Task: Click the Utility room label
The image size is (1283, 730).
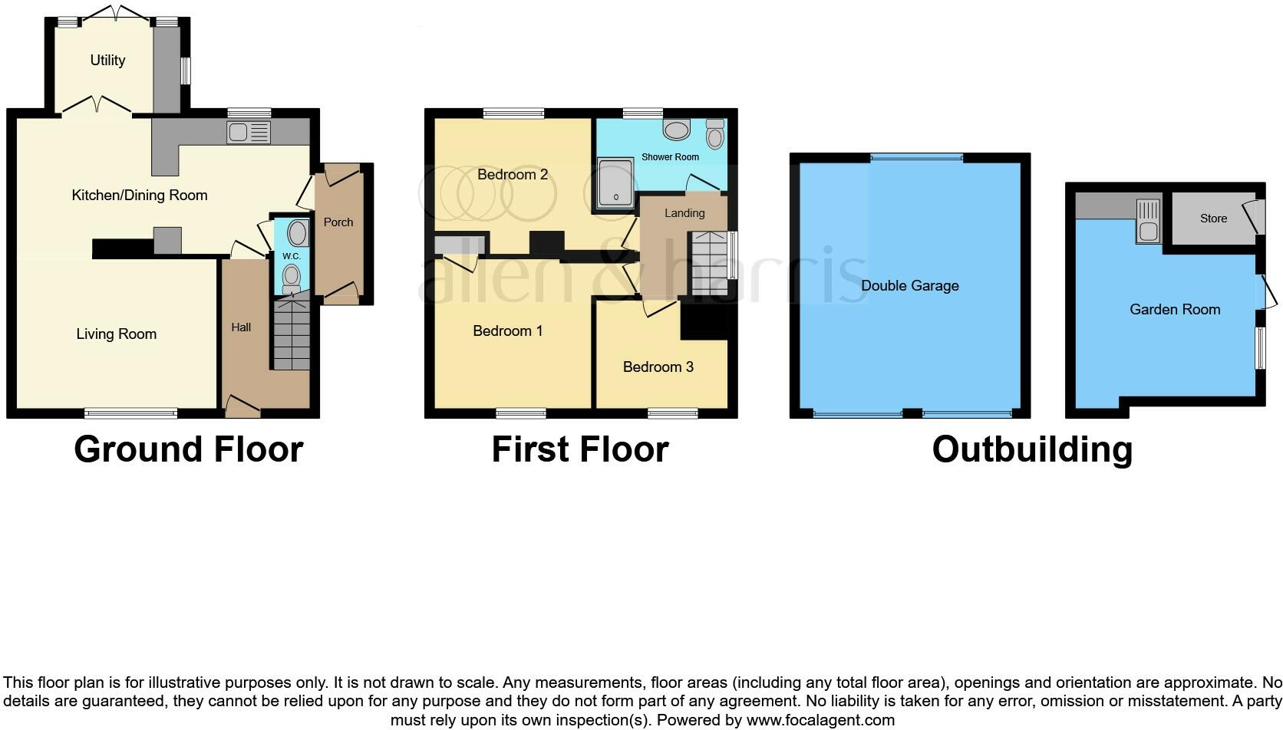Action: [107, 60]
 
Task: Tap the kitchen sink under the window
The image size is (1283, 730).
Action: [249, 132]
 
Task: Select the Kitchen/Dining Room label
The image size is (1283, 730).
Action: [139, 196]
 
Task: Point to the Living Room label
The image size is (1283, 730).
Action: [117, 334]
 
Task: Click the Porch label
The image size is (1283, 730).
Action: [338, 222]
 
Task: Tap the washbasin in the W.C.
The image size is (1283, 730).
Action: [297, 233]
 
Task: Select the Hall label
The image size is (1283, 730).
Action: [241, 327]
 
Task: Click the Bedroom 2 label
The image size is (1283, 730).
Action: [513, 174]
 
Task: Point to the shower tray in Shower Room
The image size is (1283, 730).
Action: [615, 182]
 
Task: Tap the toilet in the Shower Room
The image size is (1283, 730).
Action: [715, 134]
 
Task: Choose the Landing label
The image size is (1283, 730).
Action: [684, 213]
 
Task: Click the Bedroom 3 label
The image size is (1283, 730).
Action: [658, 367]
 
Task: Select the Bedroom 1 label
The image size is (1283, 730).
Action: [507, 331]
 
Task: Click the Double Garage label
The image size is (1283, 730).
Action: [909, 286]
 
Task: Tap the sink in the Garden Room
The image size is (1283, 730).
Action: [1149, 221]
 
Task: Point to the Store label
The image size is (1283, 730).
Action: [1213, 219]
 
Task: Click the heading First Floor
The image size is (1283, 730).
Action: [580, 449]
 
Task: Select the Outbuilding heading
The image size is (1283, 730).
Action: [1032, 450]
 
